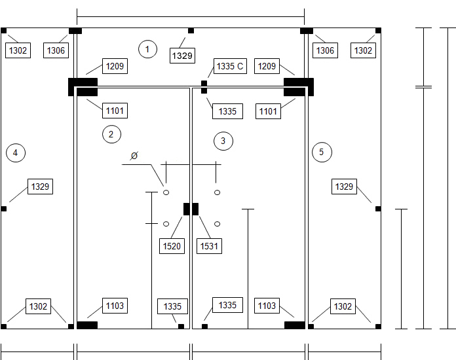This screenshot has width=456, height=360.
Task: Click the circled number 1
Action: [147, 49]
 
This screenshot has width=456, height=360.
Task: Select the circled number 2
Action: [111, 134]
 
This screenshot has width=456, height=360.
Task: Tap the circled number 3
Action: [223, 141]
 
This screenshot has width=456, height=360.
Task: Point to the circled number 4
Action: [16, 153]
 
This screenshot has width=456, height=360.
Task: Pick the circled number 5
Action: [322, 153]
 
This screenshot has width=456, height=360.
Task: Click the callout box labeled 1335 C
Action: [230, 66]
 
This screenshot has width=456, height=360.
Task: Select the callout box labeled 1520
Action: [172, 246]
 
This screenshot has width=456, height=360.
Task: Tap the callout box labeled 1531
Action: [209, 246]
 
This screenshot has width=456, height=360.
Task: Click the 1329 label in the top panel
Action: [182, 56]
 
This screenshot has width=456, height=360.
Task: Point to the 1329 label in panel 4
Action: [40, 187]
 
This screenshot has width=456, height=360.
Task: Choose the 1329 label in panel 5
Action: [344, 187]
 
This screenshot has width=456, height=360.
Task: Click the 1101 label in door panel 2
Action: [115, 111]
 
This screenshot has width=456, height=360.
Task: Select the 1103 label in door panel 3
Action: [267, 306]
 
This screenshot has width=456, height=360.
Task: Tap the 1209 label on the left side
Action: [115, 66]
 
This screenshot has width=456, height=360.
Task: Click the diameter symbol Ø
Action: [134, 156]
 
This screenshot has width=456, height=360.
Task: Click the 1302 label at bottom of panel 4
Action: [39, 306]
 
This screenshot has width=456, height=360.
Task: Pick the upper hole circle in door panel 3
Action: [218, 192]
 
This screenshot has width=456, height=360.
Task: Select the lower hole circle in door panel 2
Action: [166, 224]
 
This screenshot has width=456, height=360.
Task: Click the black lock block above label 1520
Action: [187, 209]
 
